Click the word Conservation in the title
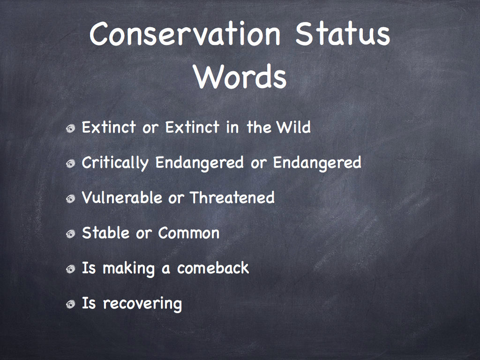click(185, 33)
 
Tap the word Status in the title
click(343, 33)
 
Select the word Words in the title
click(240, 76)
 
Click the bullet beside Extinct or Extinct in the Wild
click(70, 128)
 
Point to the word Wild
click(293, 127)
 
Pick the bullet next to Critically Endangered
click(70, 164)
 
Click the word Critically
click(115, 163)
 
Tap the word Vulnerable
click(122, 197)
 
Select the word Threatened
click(232, 197)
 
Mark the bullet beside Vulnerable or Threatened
click(70, 199)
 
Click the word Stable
click(105, 232)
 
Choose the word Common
click(189, 232)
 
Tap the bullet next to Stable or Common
click(70, 234)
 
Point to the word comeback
click(213, 268)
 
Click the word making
click(128, 269)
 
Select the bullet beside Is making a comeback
click(70, 270)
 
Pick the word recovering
click(142, 304)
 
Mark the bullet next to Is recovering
click(70, 305)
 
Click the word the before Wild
click(259, 127)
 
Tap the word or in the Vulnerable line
click(176, 199)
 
